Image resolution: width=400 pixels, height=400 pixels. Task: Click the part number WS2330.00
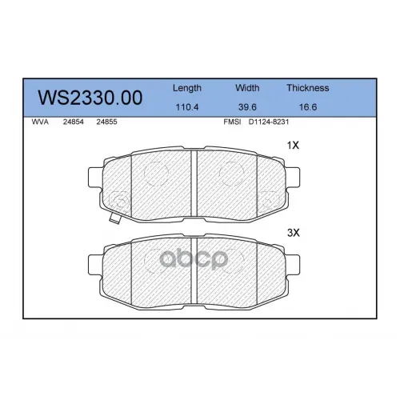[x=90, y=98]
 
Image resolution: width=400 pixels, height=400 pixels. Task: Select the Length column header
[x=187, y=88]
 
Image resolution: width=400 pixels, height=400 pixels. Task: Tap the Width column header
[x=247, y=88]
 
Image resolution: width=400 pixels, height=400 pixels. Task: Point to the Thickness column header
[x=308, y=88]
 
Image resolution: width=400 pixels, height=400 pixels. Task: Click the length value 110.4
[x=187, y=107]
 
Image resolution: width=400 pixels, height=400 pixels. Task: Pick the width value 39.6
[x=247, y=107]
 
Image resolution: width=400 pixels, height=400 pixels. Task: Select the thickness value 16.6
[x=308, y=107]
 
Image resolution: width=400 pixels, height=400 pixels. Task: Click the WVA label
[x=40, y=122]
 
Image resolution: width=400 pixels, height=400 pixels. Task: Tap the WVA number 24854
[x=74, y=122]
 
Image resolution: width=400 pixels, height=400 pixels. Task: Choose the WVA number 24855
[x=106, y=122]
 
